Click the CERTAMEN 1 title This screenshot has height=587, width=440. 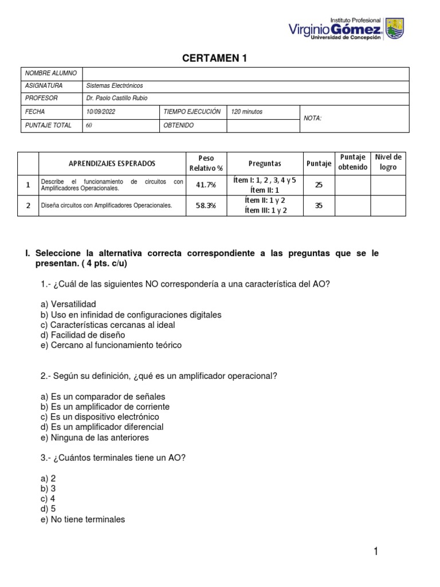click(215, 58)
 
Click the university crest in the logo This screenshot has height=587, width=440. click(394, 28)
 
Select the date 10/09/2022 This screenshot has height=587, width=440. click(100, 112)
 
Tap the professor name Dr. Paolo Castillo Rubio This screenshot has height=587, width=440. click(116, 98)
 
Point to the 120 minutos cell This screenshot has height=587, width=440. click(247, 112)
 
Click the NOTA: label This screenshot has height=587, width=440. click(312, 118)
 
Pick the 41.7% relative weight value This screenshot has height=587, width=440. click(206, 185)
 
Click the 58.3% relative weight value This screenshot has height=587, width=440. click(206, 205)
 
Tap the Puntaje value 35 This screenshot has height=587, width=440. click(319, 205)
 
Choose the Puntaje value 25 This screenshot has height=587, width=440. click(319, 185)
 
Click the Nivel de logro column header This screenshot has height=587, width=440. click(388, 163)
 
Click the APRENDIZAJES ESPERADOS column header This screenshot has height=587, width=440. click(112, 163)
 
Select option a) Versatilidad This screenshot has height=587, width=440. click(68, 304)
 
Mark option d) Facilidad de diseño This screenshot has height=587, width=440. click(82, 335)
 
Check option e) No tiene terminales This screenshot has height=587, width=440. click(82, 519)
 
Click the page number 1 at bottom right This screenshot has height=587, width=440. click(376, 551)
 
